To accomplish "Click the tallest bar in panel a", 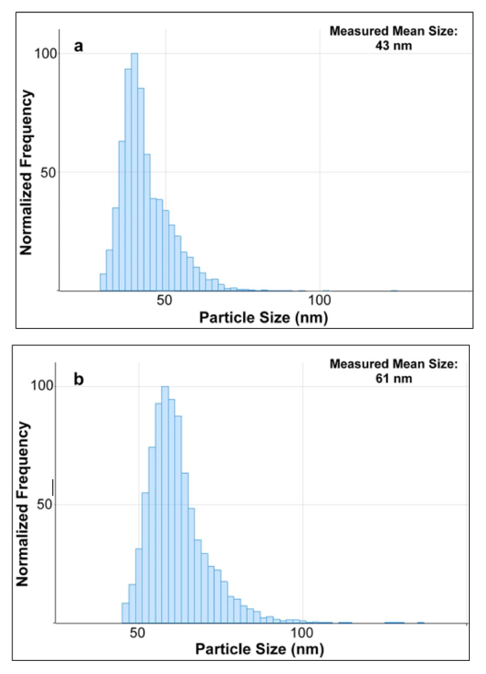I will pos(134,172).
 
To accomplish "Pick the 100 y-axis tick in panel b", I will pos(42,386).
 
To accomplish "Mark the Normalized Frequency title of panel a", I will pos(26,172).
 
